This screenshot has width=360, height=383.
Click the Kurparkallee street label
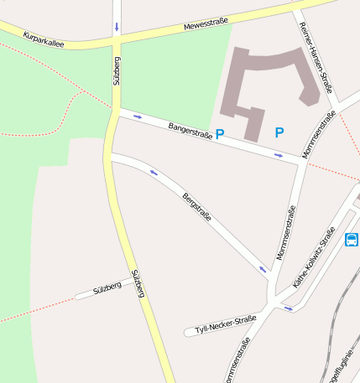[x=44, y=39]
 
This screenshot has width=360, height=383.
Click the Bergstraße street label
[x=196, y=207]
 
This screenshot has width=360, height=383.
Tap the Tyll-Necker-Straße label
[x=225, y=323]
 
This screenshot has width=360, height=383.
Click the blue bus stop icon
[x=351, y=240]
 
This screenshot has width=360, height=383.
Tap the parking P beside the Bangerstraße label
[x=220, y=133]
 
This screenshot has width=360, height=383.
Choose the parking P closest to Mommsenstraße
[x=279, y=132]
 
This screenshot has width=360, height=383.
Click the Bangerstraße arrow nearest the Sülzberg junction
[x=138, y=116]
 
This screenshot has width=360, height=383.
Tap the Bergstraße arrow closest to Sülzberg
[x=154, y=173]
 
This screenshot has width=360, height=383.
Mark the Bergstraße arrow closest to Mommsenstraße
[x=263, y=270]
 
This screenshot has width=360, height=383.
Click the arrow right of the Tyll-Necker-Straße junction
[x=289, y=308]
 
